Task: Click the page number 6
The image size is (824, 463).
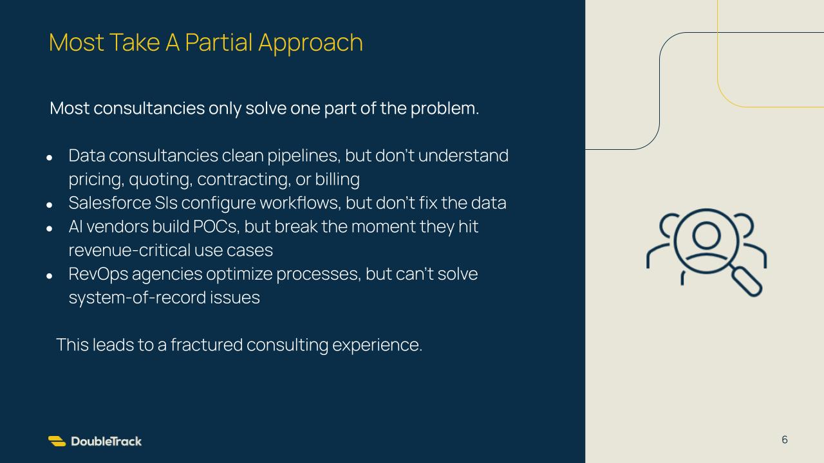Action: [785, 439]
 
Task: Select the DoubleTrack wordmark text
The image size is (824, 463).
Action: [106, 441]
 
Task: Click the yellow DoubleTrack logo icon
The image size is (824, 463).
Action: [57, 441]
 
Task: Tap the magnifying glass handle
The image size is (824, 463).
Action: [746, 281]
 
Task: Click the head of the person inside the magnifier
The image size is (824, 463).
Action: [706, 235]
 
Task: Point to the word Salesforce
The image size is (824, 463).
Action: [109, 203]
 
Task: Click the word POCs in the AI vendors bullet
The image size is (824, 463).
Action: [216, 226]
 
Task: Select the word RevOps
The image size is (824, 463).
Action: [98, 275]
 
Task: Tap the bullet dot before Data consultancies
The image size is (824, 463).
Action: [50, 158]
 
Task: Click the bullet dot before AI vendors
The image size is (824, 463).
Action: [50, 229]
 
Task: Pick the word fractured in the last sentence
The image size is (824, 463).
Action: [207, 345]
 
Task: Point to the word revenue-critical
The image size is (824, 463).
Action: [129, 250]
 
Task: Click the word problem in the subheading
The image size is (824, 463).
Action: [445, 109]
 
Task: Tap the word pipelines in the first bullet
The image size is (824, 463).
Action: [303, 156]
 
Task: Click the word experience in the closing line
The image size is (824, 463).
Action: [377, 345]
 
